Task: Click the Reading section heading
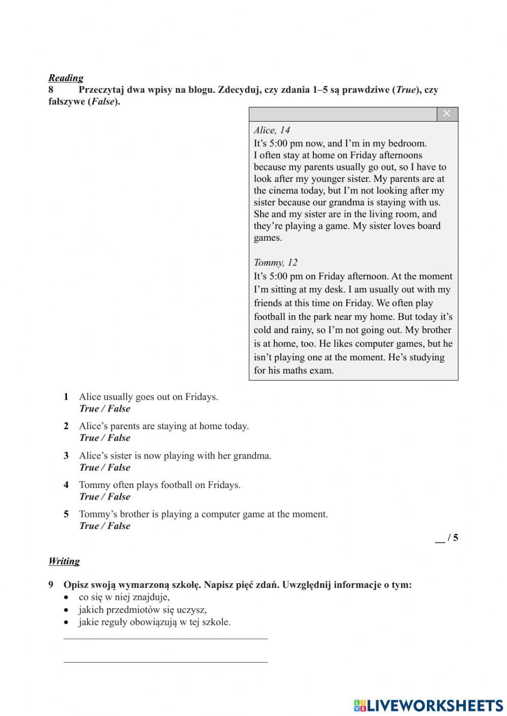pos(66,78)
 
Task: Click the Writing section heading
pos(64,561)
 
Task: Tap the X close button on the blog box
pos(447,114)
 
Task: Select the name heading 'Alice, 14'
pos(272,130)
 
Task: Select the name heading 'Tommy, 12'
pos(276,262)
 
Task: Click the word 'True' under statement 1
pos(89,409)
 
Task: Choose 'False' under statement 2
pos(119,438)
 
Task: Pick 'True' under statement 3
pos(89,468)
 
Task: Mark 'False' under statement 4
pos(119,497)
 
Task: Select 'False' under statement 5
pos(119,526)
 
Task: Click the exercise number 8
pos(51,90)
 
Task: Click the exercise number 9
pos(51,585)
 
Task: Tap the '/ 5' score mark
pos(452,538)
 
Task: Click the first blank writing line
pos(165,638)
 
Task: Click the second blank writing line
pos(165,661)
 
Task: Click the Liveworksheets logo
pos(428,705)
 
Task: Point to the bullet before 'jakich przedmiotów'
pos(66,610)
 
